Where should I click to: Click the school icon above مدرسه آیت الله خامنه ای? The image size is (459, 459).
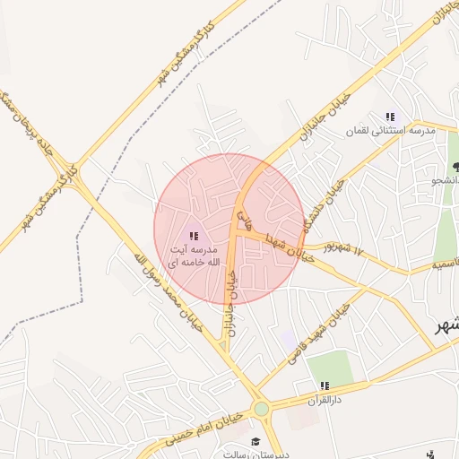click(x=195, y=235)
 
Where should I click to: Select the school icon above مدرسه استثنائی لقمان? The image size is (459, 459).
click(x=389, y=117)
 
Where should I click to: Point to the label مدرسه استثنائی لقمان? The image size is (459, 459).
click(x=392, y=131)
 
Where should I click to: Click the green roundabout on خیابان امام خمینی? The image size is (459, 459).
click(x=261, y=410)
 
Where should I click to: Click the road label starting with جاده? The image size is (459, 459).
click(x=31, y=130)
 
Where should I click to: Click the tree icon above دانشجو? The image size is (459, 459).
click(x=456, y=167)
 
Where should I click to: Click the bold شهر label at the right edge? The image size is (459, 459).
click(x=446, y=325)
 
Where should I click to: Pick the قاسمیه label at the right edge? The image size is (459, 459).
click(x=445, y=264)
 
